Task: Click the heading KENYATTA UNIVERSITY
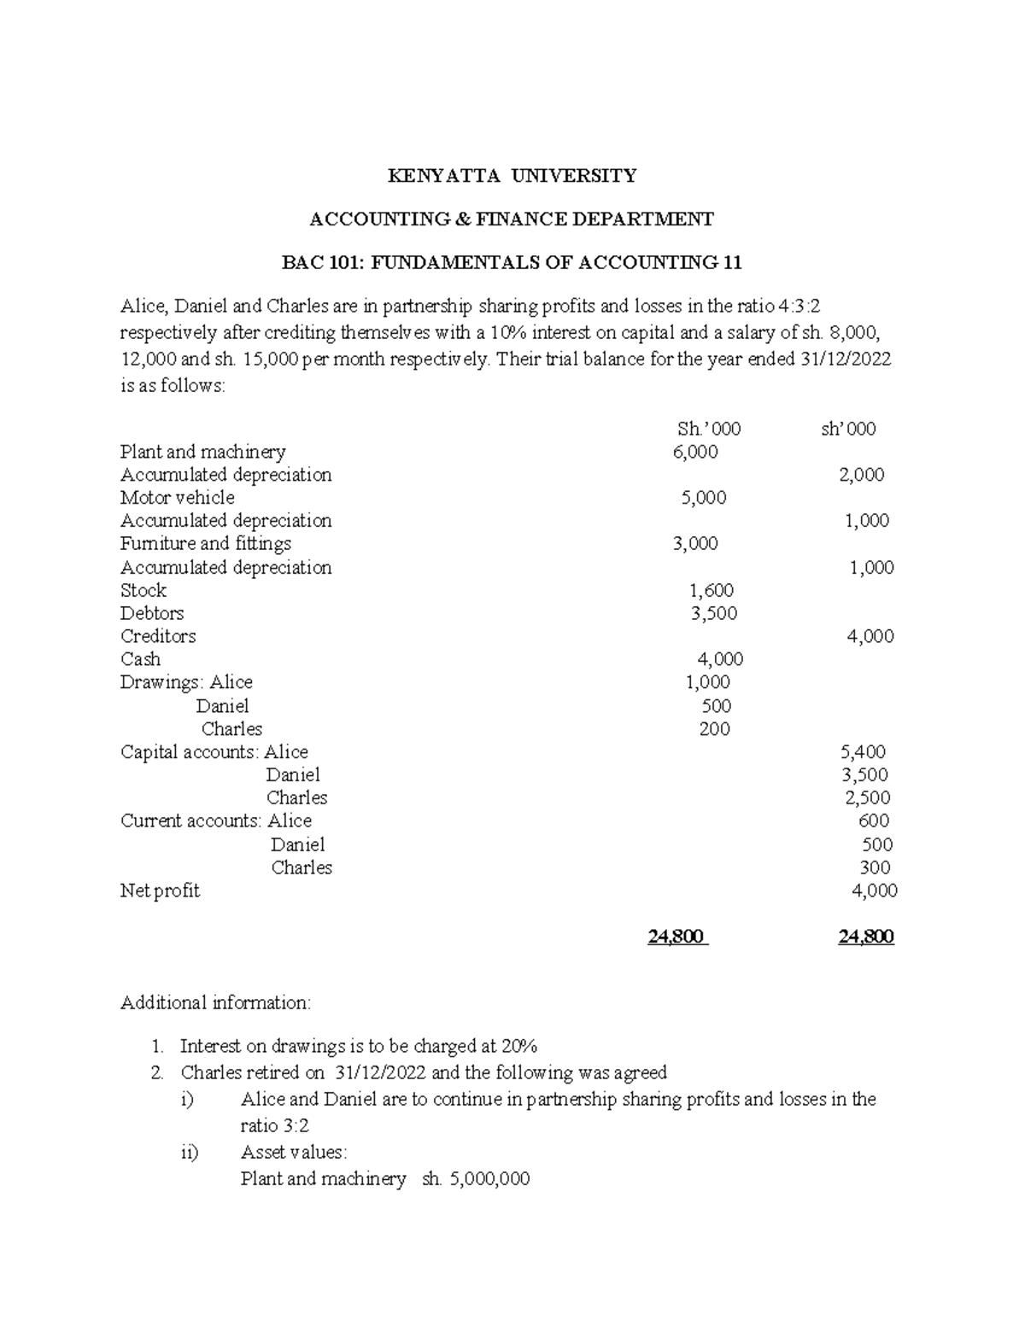pos(512,176)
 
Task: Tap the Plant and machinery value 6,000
pos(695,453)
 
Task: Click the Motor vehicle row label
pos(178,498)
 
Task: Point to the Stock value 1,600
pos(711,591)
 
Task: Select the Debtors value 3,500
pos(713,614)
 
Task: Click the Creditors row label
pos(158,637)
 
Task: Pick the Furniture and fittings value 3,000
pos(695,544)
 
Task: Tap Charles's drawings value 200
pos(714,729)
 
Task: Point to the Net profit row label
pos(160,891)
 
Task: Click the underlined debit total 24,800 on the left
pos(677,938)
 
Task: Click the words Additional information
pos(216,1002)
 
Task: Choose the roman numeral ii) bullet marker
pos(190,1153)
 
